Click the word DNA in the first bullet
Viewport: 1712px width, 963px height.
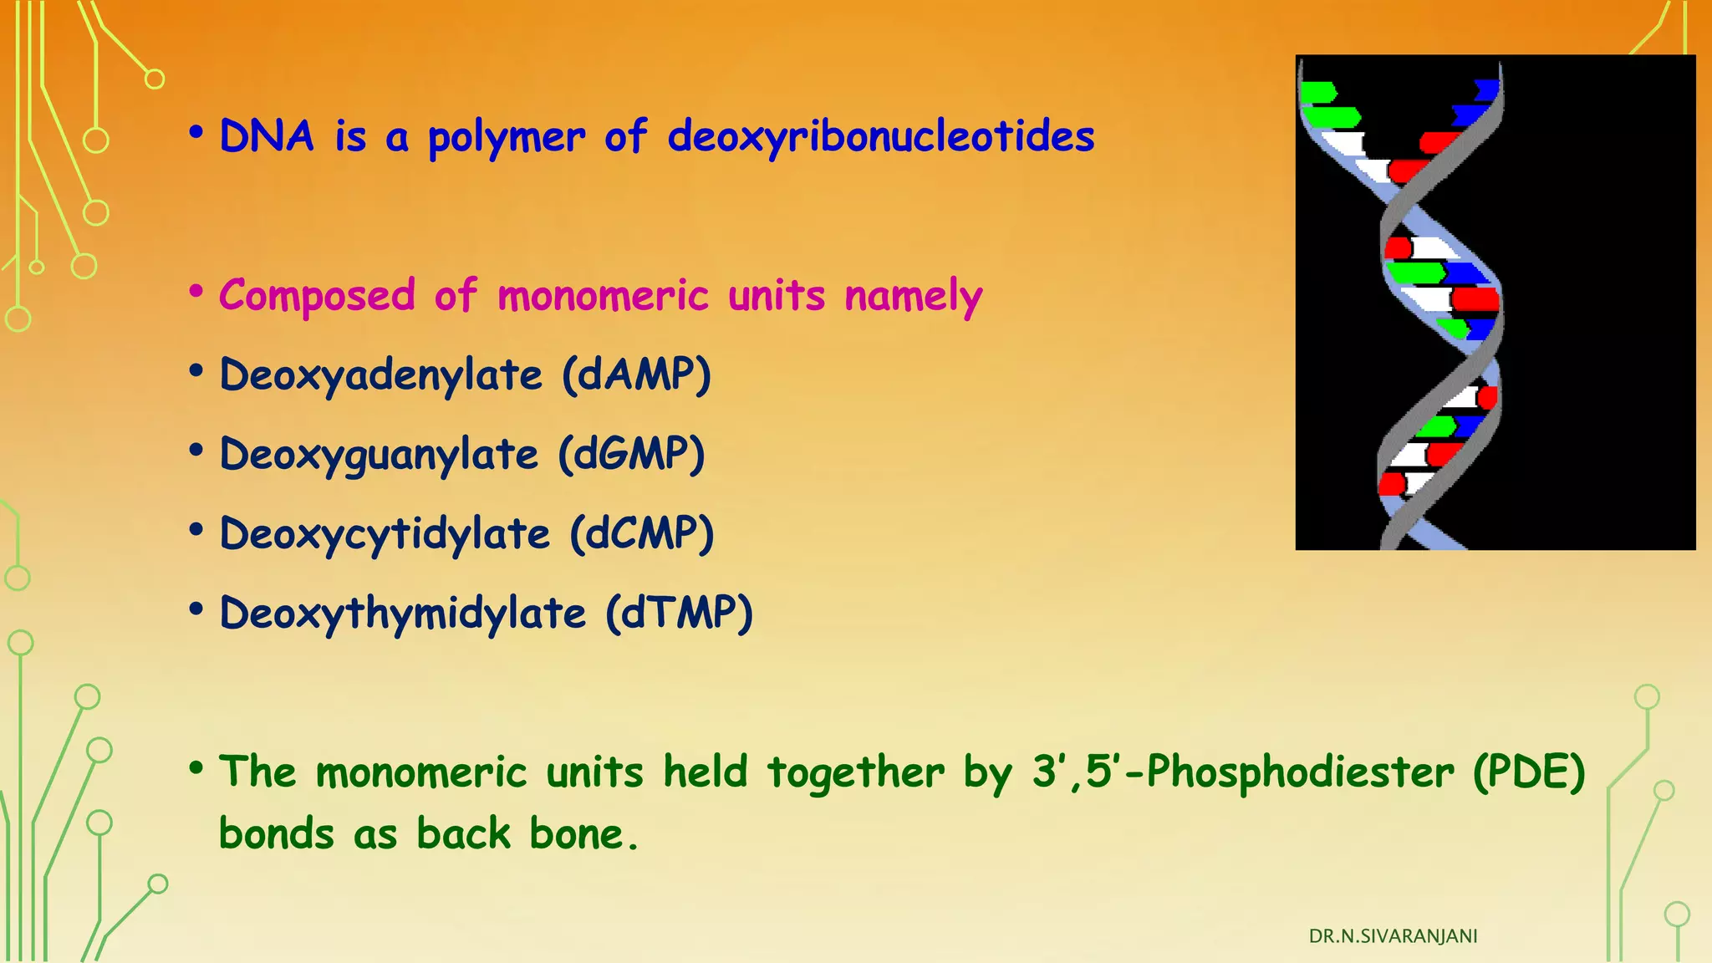pyautogui.click(x=266, y=136)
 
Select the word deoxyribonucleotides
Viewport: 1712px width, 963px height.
pyautogui.click(x=881, y=136)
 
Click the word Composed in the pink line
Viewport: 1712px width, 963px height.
pyautogui.click(x=317, y=297)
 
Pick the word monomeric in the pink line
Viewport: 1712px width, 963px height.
pyautogui.click(x=603, y=297)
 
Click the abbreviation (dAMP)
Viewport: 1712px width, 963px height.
pyautogui.click(x=636, y=374)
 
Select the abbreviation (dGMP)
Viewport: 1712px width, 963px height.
pyautogui.click(x=632, y=455)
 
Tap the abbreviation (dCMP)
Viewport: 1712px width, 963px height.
pyautogui.click(x=641, y=533)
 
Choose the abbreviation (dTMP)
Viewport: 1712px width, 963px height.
pyautogui.click(x=680, y=613)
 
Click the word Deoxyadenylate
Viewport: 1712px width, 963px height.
pyautogui.click(x=380, y=375)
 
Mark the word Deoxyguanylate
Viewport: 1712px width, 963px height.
pyautogui.click(x=379, y=456)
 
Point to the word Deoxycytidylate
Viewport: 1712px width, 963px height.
pyautogui.click(x=385, y=534)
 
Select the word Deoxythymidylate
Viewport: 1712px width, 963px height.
pyautogui.click(x=402, y=614)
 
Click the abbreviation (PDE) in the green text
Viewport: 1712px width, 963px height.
pyautogui.click(x=1529, y=772)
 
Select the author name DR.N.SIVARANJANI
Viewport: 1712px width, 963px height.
pyautogui.click(x=1393, y=936)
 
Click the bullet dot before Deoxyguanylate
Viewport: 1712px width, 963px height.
pyautogui.click(x=196, y=451)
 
